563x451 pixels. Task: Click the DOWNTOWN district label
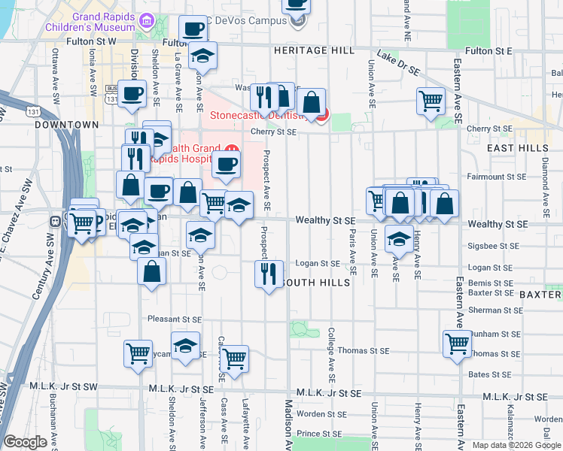66,125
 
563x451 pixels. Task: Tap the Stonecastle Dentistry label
256,116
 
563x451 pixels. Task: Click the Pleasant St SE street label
175,319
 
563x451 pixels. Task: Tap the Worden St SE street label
320,413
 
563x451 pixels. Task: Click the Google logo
26,442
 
